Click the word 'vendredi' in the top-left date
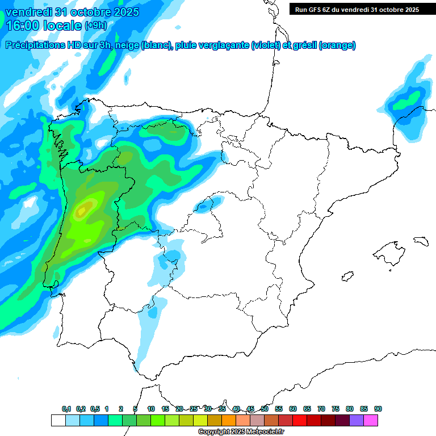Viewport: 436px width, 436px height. (x=28, y=12)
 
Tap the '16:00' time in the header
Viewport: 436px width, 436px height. (x=24, y=25)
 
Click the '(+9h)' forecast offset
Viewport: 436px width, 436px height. (x=95, y=25)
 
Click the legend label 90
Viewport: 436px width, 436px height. (x=378, y=409)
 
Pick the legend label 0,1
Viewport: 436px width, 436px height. (x=66, y=409)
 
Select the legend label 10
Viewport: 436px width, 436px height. (x=151, y=409)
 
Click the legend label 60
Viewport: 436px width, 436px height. (x=293, y=409)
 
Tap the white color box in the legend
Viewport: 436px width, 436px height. (x=58, y=420)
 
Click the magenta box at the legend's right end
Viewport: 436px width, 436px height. (x=371, y=420)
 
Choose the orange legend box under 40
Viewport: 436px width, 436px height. (x=229, y=420)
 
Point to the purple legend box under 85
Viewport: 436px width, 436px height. (x=357, y=420)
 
